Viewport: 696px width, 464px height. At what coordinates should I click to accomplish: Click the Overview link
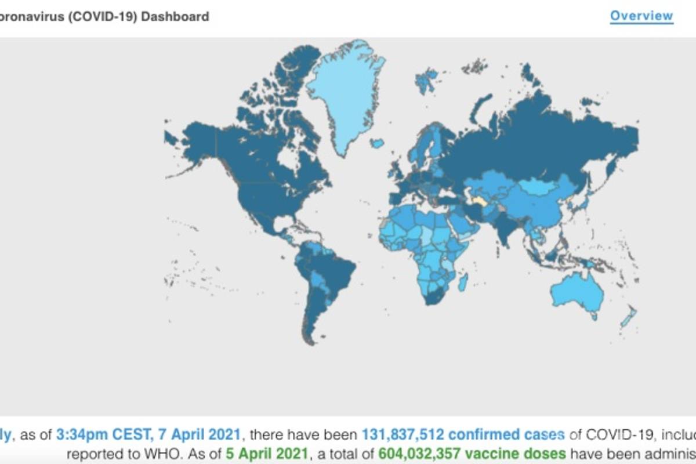point(641,16)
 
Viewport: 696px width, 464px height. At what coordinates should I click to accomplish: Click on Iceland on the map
point(378,143)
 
